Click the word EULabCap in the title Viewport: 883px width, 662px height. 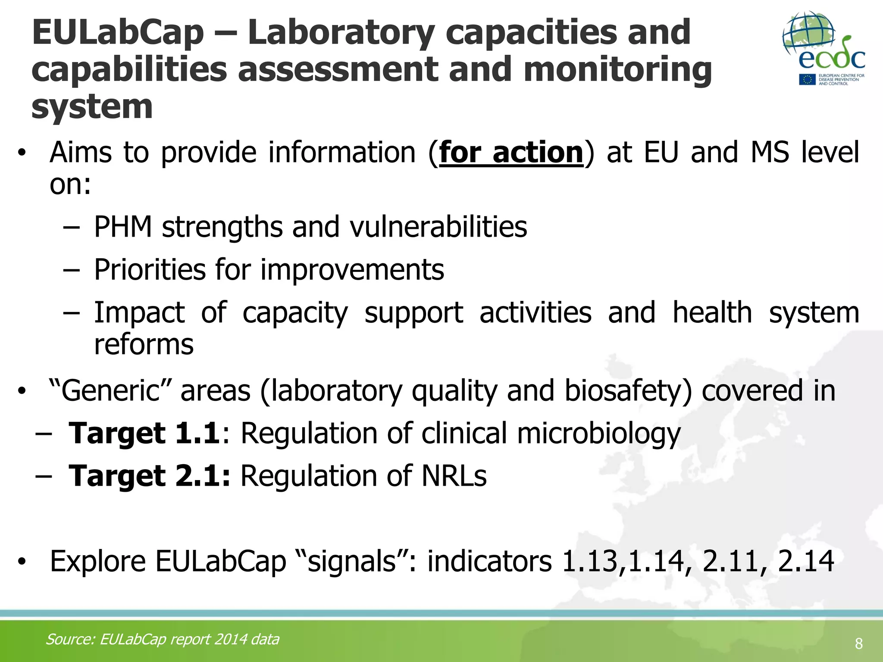tap(117, 33)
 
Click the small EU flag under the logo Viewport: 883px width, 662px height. tap(807, 80)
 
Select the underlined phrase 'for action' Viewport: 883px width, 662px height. tap(511, 152)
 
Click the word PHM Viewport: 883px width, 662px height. tap(123, 227)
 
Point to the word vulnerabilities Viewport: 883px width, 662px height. tap(438, 227)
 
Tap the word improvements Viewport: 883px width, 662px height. tap(352, 270)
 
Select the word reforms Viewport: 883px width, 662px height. tap(144, 344)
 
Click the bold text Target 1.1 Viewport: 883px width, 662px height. tap(144, 433)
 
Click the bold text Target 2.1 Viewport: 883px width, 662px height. tap(149, 476)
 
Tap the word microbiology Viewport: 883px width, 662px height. tap(598, 433)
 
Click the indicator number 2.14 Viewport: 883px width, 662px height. tap(805, 561)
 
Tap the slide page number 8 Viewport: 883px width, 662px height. tap(858, 644)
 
